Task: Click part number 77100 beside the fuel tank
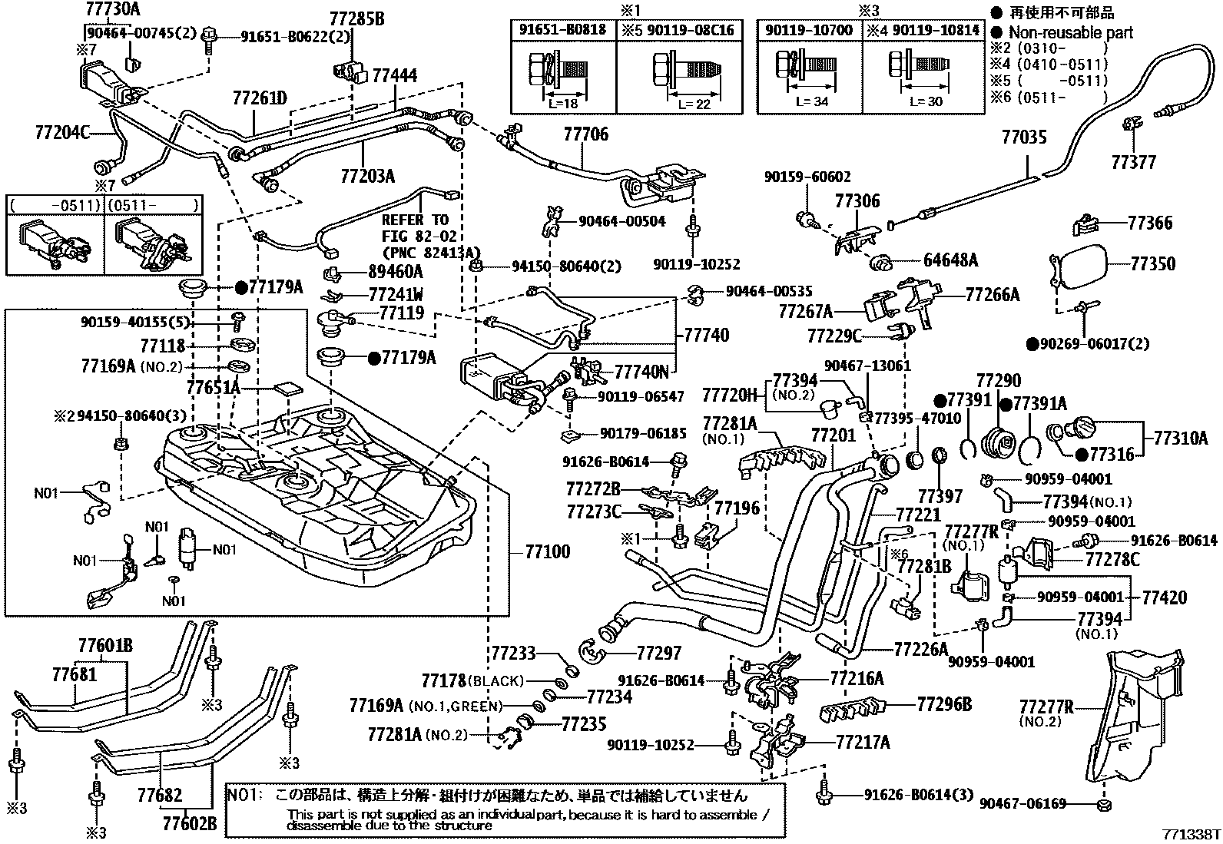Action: point(548,551)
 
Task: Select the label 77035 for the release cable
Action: point(1024,138)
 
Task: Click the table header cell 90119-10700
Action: point(809,30)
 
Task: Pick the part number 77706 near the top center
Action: point(585,135)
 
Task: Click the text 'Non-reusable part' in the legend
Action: point(1070,32)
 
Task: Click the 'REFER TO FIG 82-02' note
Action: point(415,228)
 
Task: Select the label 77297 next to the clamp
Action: point(658,654)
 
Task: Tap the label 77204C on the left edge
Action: point(61,132)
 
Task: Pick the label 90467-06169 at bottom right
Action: point(1023,803)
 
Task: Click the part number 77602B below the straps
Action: point(189,823)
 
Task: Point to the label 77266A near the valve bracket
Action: point(992,293)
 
